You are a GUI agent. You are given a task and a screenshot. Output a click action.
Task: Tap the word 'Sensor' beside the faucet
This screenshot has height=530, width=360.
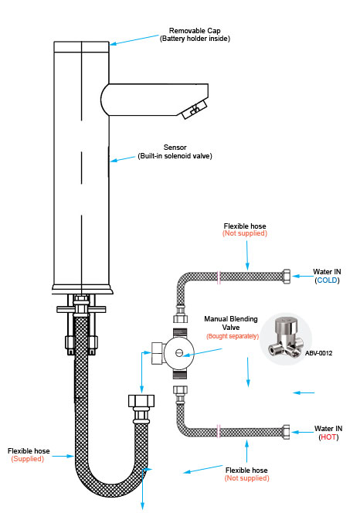click(x=175, y=148)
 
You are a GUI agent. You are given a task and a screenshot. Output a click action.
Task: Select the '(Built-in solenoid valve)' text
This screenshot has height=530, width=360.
click(x=175, y=156)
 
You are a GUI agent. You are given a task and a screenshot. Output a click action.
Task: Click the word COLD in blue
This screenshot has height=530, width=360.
click(x=328, y=280)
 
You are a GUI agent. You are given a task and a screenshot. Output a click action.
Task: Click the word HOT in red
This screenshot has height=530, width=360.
click(x=328, y=437)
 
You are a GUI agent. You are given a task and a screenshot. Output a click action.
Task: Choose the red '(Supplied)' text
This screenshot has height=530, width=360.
click(x=27, y=459)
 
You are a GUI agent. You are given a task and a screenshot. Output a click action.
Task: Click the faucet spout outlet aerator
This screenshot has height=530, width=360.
click(x=192, y=111)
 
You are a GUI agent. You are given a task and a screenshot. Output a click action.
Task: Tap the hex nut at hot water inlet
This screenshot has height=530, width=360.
click(x=287, y=430)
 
